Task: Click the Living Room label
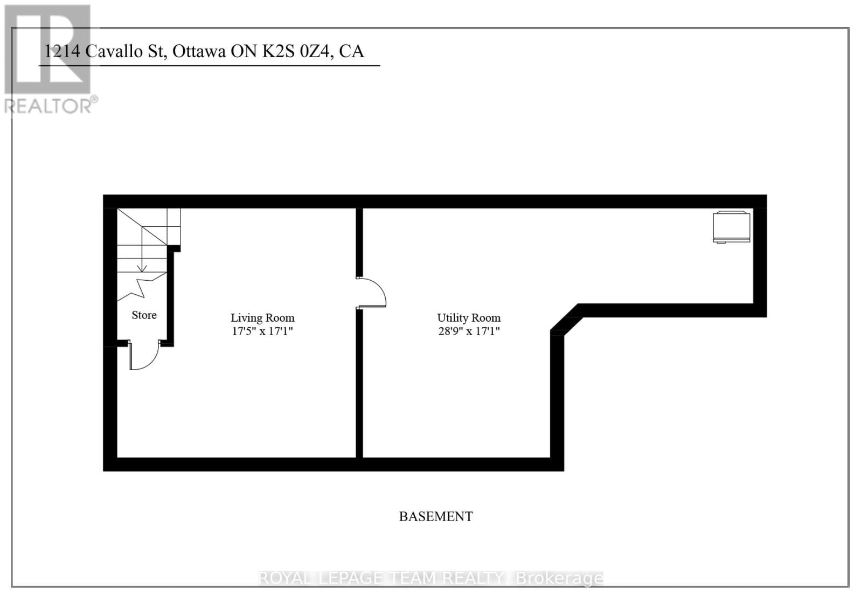click(262, 318)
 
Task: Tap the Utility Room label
click(469, 318)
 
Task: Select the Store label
click(144, 315)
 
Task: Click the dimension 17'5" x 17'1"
click(262, 331)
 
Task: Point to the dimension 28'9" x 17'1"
click(469, 331)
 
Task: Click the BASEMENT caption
click(436, 516)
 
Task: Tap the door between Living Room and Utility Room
click(372, 293)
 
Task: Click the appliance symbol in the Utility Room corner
click(731, 227)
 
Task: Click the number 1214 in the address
click(62, 51)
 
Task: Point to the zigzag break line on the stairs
click(142, 287)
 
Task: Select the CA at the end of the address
click(352, 51)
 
